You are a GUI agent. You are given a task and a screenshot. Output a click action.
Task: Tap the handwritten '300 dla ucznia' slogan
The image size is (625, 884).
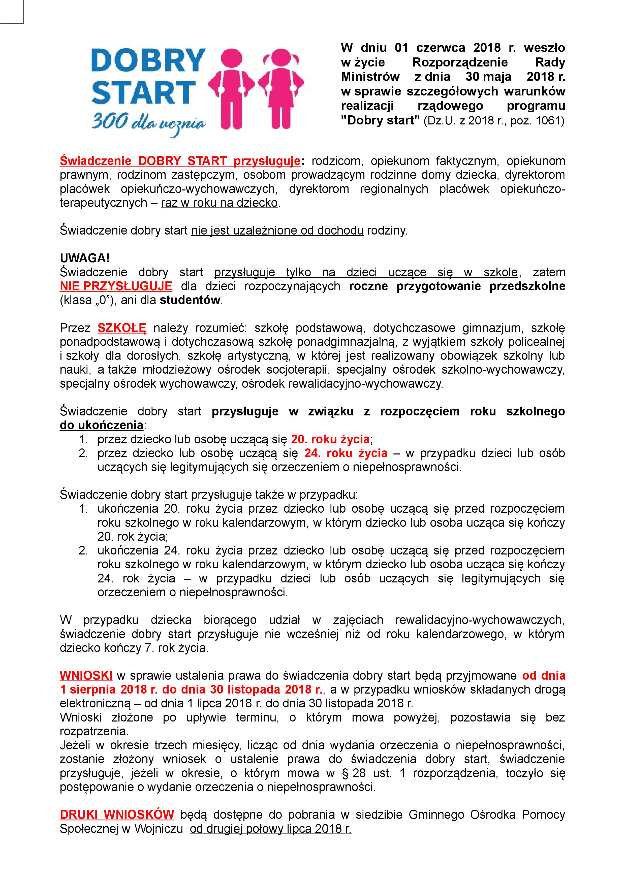pyautogui.click(x=148, y=123)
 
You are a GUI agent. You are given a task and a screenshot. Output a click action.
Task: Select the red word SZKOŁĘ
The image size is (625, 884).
pyautogui.click(x=122, y=328)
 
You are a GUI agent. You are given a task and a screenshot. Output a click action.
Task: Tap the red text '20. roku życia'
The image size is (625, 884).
pyautogui.click(x=330, y=439)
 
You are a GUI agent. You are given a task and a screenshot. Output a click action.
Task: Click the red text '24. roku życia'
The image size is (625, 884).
pyautogui.click(x=346, y=453)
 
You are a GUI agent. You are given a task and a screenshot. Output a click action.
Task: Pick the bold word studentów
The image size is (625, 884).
pyautogui.click(x=190, y=300)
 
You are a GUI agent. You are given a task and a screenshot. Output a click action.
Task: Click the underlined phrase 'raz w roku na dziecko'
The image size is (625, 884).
pyautogui.click(x=219, y=203)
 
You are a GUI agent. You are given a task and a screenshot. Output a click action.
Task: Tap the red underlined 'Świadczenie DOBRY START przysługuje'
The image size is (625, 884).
pyautogui.click(x=180, y=161)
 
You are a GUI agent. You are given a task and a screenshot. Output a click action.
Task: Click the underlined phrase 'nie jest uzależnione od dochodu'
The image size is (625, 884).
pyautogui.click(x=277, y=231)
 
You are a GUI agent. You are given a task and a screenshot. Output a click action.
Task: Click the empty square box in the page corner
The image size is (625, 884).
pyautogui.click(x=12, y=12)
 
